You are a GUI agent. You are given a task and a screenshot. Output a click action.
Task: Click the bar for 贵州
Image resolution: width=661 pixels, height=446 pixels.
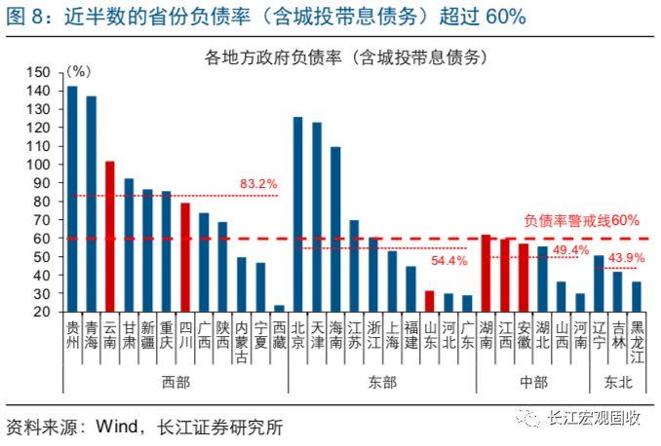point(72,199)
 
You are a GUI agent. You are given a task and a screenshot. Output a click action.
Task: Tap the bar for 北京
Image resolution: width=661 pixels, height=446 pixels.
point(298,214)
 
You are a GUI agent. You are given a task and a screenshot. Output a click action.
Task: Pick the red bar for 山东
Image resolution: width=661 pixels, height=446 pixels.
point(430,301)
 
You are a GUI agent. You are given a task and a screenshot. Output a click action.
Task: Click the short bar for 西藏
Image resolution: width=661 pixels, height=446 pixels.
point(280,308)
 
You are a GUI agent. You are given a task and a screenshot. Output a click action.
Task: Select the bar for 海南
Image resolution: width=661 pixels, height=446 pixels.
point(335,229)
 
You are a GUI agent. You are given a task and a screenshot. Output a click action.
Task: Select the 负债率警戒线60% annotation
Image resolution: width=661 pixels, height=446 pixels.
point(581,221)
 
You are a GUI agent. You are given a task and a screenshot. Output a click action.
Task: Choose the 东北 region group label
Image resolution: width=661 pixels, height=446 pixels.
point(618,382)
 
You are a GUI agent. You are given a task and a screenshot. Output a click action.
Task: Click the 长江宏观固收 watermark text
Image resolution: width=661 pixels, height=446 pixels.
point(594,419)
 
